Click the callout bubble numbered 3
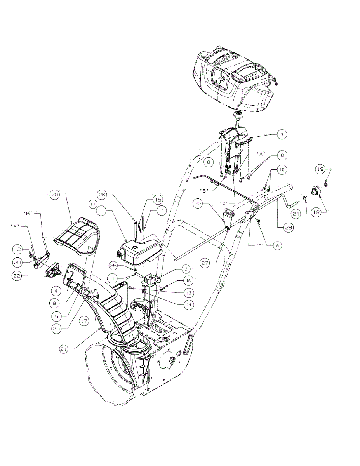tap(282, 134)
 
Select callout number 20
tap(54, 194)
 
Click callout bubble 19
tap(320, 169)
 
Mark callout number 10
tap(282, 170)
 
